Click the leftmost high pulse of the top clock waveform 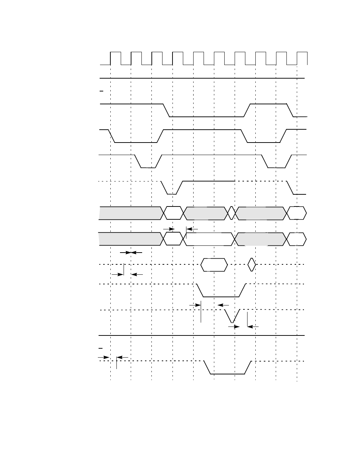click(x=116, y=58)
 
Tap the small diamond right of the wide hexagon click(x=252, y=264)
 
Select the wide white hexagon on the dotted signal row click(x=214, y=265)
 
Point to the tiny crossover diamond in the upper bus click(x=232, y=213)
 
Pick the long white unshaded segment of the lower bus click(x=209, y=239)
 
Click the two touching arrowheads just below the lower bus click(x=131, y=253)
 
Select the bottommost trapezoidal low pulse click(x=227, y=368)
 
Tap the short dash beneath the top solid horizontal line click(x=101, y=91)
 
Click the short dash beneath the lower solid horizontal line click(x=101, y=348)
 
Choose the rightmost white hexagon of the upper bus click(x=297, y=213)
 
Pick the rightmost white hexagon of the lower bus click(x=296, y=239)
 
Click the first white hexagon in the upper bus click(x=174, y=213)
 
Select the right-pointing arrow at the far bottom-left click(x=104, y=357)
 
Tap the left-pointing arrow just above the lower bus click(x=192, y=229)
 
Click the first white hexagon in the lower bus click(x=174, y=239)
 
